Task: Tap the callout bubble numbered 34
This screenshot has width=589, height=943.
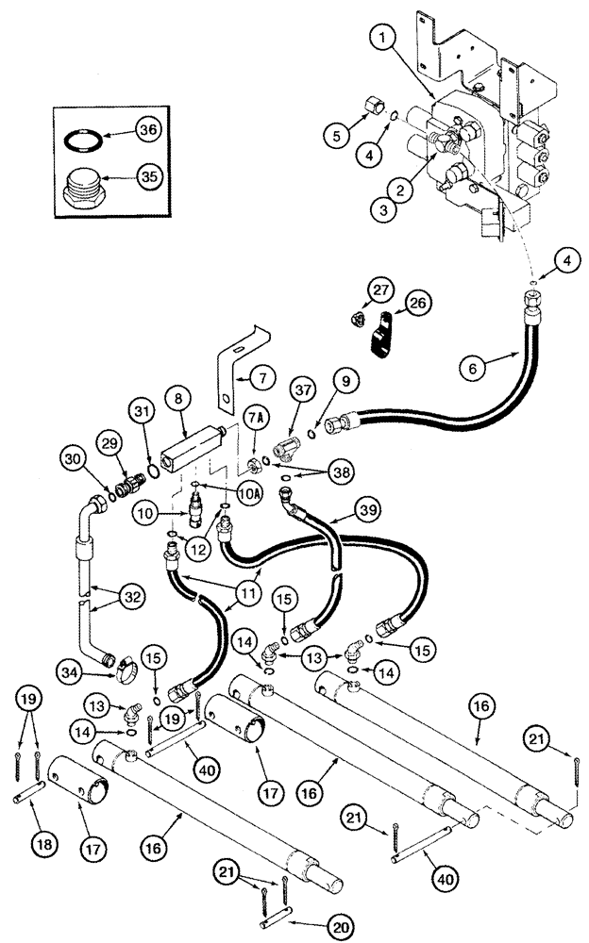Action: click(x=71, y=670)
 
